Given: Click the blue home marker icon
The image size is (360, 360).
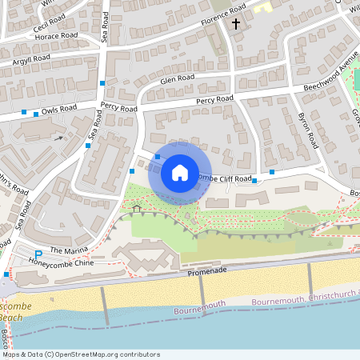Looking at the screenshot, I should click(x=180, y=172).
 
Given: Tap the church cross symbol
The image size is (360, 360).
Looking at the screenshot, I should click(x=236, y=25).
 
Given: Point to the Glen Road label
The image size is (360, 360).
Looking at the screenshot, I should click(x=177, y=79).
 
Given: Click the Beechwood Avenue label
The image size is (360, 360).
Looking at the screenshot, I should click(x=330, y=76).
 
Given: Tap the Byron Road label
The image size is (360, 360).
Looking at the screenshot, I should click(x=308, y=130).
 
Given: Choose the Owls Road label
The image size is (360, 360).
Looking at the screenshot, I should click(x=59, y=108).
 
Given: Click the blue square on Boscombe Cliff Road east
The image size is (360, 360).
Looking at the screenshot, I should click(x=272, y=171).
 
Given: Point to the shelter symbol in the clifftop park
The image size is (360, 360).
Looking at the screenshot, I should click(x=136, y=209).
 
